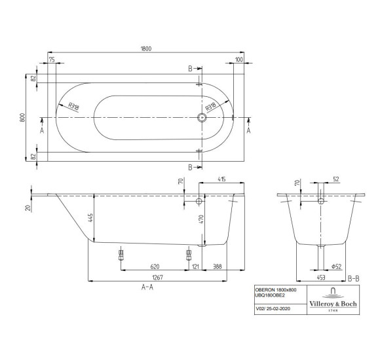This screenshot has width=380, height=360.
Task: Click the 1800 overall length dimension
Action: tap(146, 48)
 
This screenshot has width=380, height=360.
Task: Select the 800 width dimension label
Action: tap(22, 117)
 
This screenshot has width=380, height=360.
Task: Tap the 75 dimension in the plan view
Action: tap(52, 60)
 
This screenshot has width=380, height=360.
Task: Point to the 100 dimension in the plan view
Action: tap(239, 60)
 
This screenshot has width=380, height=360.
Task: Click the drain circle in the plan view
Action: tap(202, 118)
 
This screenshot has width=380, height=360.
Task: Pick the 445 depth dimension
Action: tap(90, 218)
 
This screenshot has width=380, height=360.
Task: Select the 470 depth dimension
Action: tap(201, 219)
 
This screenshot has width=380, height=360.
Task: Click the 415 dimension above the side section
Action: tap(221, 179)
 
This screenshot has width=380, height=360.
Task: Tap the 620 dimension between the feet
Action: tap(155, 266)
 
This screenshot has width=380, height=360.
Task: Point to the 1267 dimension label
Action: tap(157, 278)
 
